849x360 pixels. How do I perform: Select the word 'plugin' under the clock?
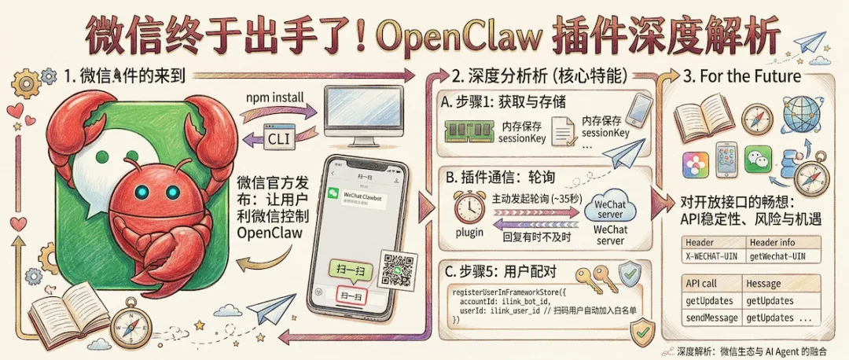469,233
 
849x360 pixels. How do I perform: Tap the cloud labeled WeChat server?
611,206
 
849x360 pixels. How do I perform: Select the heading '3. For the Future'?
742,76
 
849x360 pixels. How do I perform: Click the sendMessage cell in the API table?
711,318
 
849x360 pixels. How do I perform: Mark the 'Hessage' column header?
763,283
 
